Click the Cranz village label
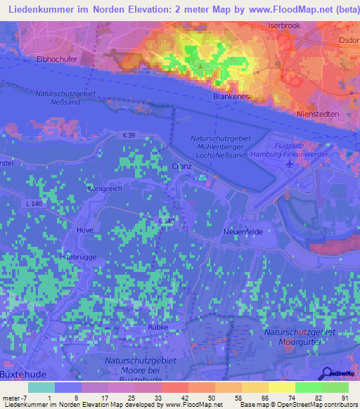pos(181,167)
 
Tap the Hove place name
pos(85,230)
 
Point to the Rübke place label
pos(159,327)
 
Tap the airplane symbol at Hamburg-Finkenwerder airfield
pos(289,164)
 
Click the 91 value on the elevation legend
pos(345,398)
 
